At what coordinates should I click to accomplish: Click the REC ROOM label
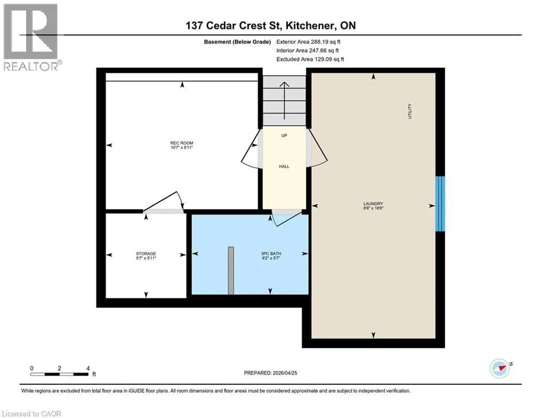pos(182,143)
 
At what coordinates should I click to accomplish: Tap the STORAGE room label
pos(146,254)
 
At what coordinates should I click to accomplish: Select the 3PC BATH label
pos(271,254)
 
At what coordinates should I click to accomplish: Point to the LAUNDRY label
pos(373,204)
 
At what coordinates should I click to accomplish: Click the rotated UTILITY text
pos(410,111)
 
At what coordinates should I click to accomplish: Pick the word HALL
pos(284,167)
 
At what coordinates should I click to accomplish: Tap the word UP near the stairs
pos(284,136)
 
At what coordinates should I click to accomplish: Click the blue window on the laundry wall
pos(440,204)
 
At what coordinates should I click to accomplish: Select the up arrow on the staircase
pos(284,101)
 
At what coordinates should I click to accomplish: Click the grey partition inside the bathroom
pos(231,271)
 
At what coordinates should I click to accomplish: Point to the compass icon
pos(500,368)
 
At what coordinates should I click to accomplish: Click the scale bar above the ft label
pos(59,374)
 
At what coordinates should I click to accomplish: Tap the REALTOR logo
pos(31,37)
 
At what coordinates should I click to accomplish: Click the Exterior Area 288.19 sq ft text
pos(309,42)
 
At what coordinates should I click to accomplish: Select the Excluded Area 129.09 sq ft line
pos(310,59)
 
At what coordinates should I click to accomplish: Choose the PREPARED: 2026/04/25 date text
pos(270,373)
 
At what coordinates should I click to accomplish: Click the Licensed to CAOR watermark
pos(32,414)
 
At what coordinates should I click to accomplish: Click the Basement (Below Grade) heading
pos(237,42)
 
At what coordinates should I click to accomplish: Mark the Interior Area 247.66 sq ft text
pos(308,51)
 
